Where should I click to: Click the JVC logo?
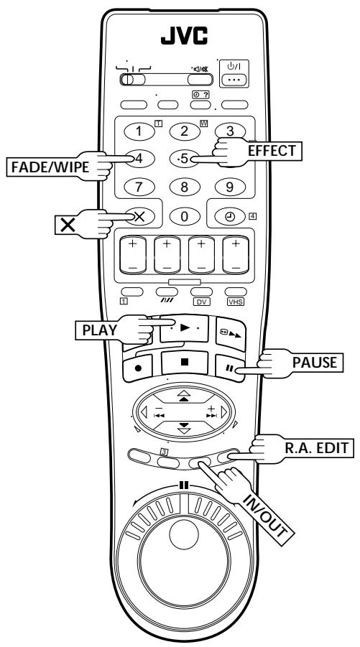click(x=184, y=36)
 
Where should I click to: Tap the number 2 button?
click(x=185, y=131)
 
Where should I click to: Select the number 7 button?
click(x=139, y=187)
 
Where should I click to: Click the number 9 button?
click(x=230, y=187)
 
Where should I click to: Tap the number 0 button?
click(x=185, y=217)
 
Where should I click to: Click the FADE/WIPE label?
click(x=50, y=167)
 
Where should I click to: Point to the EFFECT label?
click(x=272, y=151)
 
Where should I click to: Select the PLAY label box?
click(x=99, y=330)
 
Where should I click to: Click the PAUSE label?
click(x=315, y=363)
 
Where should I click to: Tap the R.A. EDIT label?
click(x=317, y=447)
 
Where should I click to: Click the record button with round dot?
click(x=138, y=368)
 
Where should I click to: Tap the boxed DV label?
click(x=201, y=302)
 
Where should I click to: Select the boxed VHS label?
click(x=235, y=302)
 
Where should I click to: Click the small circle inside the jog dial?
click(x=184, y=534)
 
